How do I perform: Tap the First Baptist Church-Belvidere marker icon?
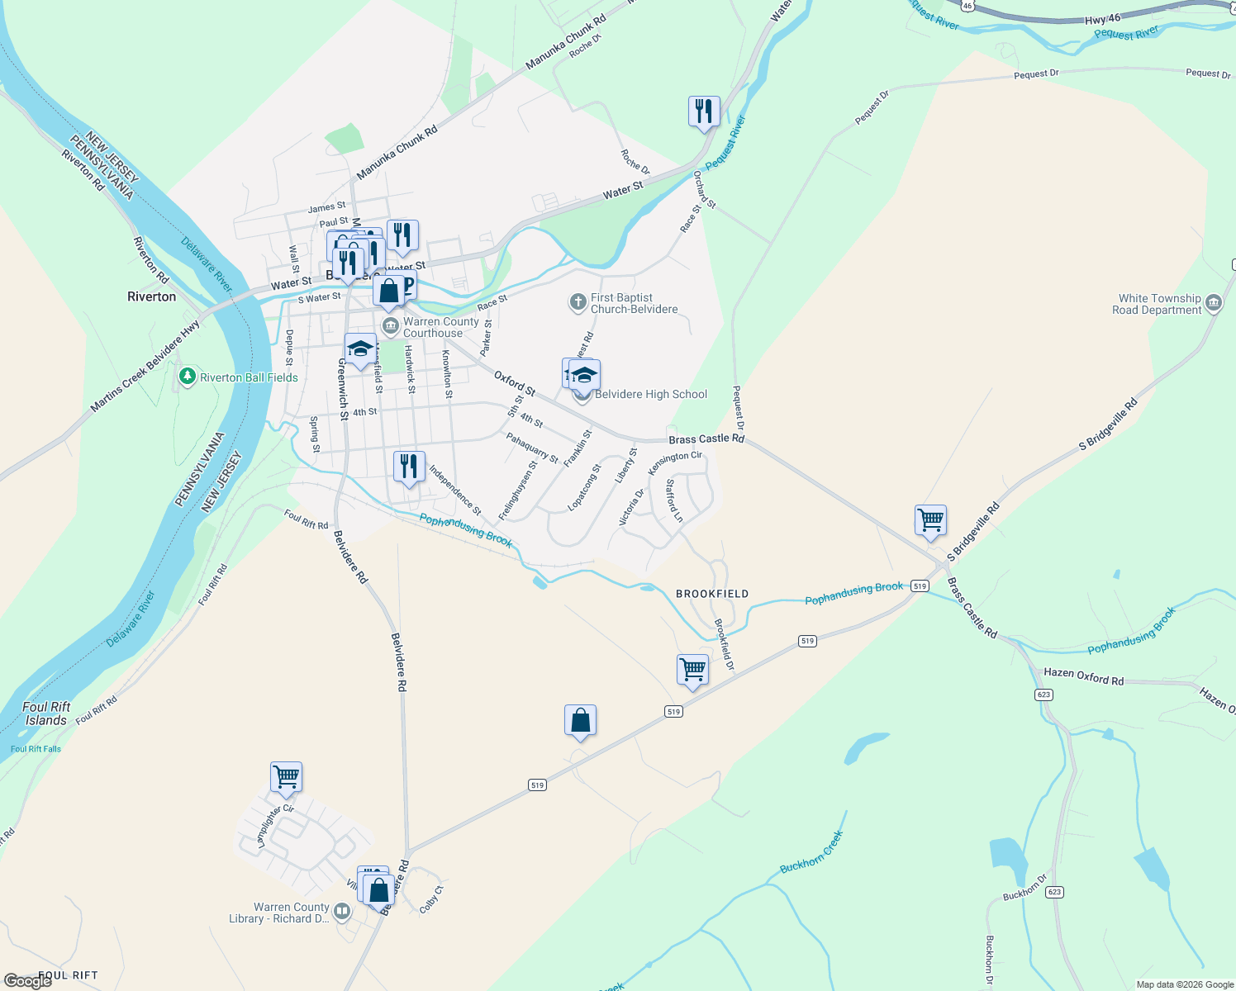(x=578, y=302)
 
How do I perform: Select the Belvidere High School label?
(x=651, y=394)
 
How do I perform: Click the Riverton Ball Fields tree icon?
(x=188, y=377)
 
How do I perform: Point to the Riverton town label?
(x=152, y=296)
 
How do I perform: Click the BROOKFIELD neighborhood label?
(x=712, y=594)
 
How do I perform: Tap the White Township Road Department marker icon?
(x=1214, y=303)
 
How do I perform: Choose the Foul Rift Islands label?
(x=46, y=714)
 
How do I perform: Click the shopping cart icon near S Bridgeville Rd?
(x=930, y=520)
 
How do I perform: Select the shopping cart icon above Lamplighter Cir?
(x=286, y=776)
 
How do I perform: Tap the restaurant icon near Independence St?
(x=409, y=467)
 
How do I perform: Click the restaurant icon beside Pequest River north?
(x=704, y=111)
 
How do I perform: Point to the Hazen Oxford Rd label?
(x=1083, y=677)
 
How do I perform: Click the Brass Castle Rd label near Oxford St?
(x=706, y=439)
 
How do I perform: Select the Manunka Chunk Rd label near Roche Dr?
(x=566, y=41)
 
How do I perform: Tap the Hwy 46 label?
(x=1102, y=18)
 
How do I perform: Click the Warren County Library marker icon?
(x=342, y=912)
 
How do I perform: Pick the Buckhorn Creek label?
(x=811, y=852)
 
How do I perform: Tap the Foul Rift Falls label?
(x=36, y=749)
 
